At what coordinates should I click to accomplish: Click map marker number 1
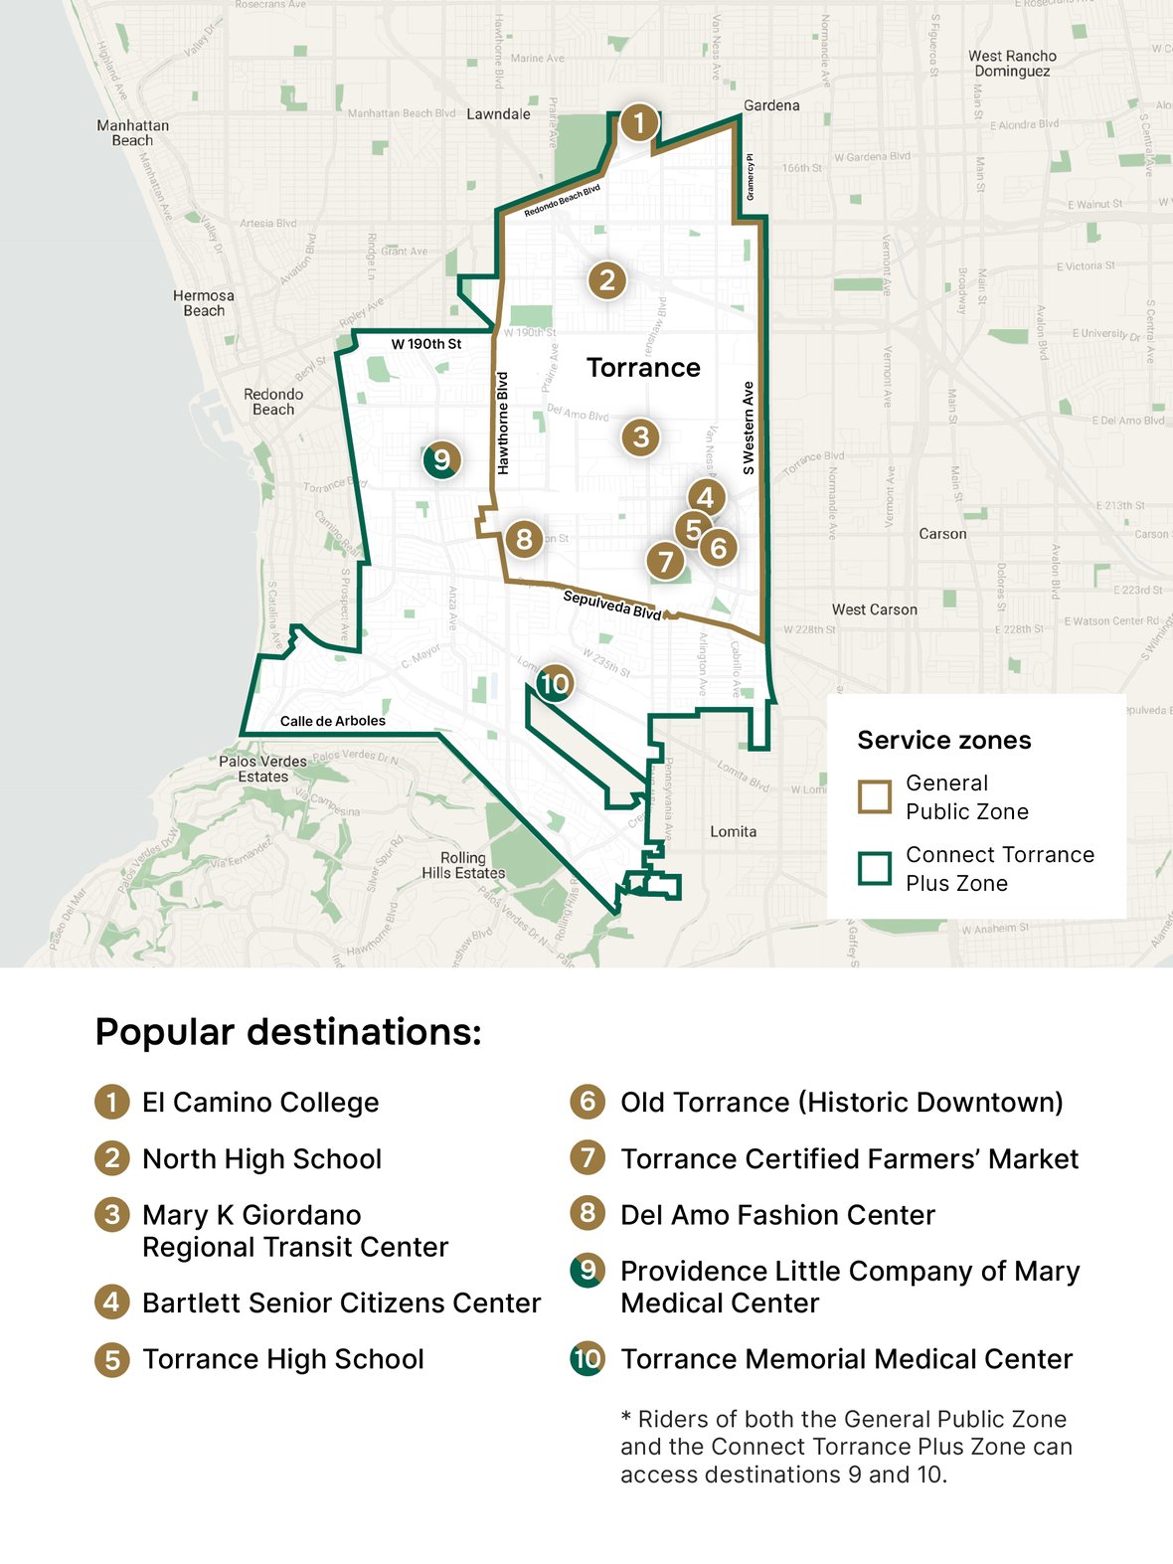pyautogui.click(x=639, y=123)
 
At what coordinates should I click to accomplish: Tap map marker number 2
pyautogui.click(x=607, y=280)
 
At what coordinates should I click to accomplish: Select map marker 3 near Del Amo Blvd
pyautogui.click(x=640, y=436)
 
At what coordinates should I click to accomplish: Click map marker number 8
pyautogui.click(x=524, y=539)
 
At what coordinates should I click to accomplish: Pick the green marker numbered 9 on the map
pyautogui.click(x=441, y=459)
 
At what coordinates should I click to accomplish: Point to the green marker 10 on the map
pyautogui.click(x=554, y=683)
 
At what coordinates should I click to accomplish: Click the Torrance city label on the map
pyautogui.click(x=643, y=368)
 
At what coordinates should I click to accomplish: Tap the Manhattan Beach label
pyautogui.click(x=132, y=133)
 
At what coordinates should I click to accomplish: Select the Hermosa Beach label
pyautogui.click(x=204, y=303)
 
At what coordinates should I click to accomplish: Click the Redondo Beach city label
pyautogui.click(x=273, y=402)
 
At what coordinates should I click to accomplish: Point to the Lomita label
pyautogui.click(x=733, y=831)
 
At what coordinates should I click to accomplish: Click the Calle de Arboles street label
pyautogui.click(x=332, y=721)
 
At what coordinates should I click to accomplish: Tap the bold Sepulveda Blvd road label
pyautogui.click(x=611, y=605)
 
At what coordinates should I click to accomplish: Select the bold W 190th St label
pyautogui.click(x=425, y=344)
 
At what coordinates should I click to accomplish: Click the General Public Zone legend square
pyautogui.click(x=875, y=796)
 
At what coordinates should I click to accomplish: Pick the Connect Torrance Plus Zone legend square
pyautogui.click(x=875, y=868)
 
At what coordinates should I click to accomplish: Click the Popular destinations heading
pyautogui.click(x=288, y=1032)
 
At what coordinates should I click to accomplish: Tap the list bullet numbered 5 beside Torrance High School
pyautogui.click(x=112, y=1359)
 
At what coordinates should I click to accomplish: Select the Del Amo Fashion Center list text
pyautogui.click(x=777, y=1215)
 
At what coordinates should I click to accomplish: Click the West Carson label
pyautogui.click(x=874, y=609)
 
